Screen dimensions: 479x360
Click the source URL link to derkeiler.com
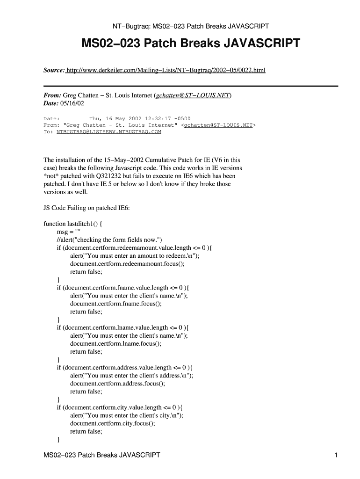click(x=166, y=70)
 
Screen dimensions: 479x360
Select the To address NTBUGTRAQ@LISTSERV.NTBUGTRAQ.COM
click(x=108, y=132)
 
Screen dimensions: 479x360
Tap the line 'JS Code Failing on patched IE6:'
click(x=86, y=208)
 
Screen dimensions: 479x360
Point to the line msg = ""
click(x=69, y=232)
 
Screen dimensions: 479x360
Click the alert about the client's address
click(x=131, y=375)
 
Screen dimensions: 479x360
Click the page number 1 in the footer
click(x=336, y=455)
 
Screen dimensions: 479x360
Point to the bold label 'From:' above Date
click(x=52, y=95)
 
